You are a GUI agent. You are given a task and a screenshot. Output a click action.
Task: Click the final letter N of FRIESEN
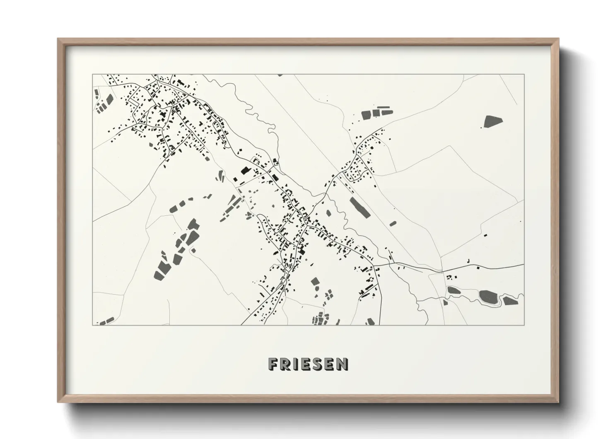coord(342,364)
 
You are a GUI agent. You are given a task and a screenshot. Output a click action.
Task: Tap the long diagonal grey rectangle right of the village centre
coord(360,207)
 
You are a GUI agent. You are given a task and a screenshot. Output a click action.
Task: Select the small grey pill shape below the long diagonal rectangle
coord(393,224)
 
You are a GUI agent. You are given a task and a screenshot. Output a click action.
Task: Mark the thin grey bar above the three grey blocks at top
coord(384,107)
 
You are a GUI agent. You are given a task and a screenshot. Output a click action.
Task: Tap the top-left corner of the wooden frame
coord(59,40)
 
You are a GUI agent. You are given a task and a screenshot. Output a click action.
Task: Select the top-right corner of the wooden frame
coord(558,40)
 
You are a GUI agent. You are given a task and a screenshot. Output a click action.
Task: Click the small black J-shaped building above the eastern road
coord(468,261)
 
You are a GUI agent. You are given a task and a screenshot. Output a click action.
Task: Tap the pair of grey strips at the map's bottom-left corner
coord(106,321)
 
